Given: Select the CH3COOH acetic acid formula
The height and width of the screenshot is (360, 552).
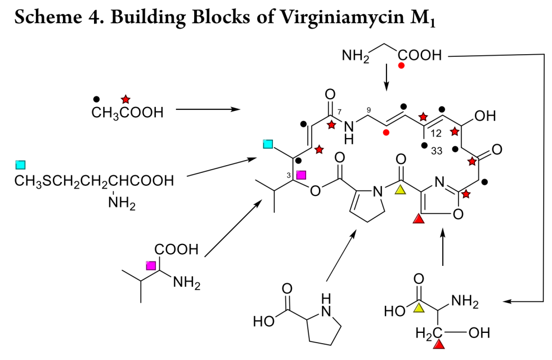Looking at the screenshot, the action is coord(127,112).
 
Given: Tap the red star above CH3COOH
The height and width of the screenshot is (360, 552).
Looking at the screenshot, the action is coord(125,99).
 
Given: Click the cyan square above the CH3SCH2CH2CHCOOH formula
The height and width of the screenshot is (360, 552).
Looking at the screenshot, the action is coord(20,165).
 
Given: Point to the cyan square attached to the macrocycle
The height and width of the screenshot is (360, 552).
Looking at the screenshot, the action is coord(268,144).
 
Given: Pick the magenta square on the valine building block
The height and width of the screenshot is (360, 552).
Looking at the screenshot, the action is coord(151,265).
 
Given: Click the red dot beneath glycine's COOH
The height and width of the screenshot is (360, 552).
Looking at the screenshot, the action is coord(401,65).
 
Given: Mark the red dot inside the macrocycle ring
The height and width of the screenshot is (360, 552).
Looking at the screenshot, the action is coord(386,132).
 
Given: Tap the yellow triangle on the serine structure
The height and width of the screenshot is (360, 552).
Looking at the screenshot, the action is coord(419,307).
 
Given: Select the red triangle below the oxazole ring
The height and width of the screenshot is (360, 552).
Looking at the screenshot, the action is coord(419,219).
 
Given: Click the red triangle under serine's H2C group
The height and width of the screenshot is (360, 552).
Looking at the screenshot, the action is coord(439,344).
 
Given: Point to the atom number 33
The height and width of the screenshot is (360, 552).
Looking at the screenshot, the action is coord(436,151).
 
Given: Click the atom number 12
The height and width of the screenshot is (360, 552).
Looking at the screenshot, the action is coord(436,133).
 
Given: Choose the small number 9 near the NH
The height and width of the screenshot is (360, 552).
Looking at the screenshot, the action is coord(369,110).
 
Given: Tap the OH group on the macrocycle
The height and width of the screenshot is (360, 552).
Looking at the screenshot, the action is coord(485,116).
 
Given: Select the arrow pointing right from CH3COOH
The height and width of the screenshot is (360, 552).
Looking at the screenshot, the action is coord(208,109).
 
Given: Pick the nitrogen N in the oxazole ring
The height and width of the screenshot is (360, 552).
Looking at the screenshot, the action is coord(440,182).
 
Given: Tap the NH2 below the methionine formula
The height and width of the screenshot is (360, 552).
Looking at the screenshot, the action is coord(122,203).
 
